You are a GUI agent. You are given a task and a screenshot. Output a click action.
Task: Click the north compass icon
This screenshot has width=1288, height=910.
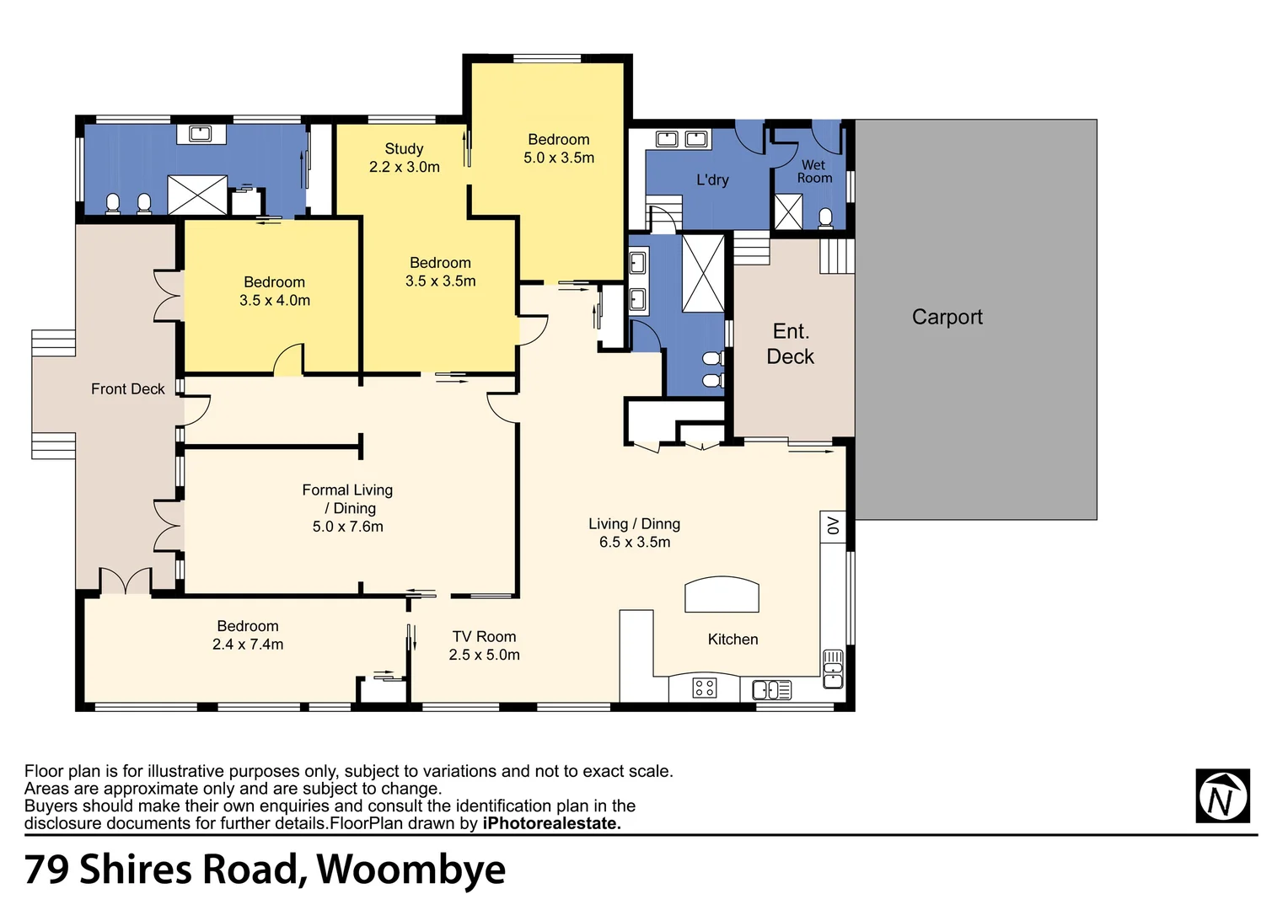coord(1222,796)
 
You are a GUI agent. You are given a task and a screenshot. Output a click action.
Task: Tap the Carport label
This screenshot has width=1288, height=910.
coord(947,317)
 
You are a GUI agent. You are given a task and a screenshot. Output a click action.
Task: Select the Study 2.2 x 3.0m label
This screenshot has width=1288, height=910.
coord(404,158)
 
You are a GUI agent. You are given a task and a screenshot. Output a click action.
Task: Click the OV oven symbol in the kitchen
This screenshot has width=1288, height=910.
coord(833,526)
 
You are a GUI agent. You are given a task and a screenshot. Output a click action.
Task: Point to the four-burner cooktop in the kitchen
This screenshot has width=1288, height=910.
coord(704,688)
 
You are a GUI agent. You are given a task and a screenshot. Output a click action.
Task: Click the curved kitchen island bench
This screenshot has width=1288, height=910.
coord(722,594)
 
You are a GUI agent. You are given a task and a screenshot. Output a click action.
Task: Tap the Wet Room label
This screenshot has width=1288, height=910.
coord(814,172)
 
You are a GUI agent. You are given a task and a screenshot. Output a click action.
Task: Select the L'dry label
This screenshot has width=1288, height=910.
coord(712,179)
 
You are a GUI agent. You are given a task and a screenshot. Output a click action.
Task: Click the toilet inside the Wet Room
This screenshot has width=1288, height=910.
coord(825,218)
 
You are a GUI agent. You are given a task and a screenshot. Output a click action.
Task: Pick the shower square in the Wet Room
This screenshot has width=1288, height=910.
coord(788,211)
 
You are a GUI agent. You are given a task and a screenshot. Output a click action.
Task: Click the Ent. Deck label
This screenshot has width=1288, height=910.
coord(790,344)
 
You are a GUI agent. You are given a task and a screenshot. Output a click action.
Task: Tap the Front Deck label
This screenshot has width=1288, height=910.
coord(127,388)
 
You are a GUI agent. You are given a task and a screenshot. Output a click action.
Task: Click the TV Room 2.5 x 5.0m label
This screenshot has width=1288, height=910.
coord(484,645)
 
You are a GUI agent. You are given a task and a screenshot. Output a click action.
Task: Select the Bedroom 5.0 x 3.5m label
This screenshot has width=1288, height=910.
coord(558,148)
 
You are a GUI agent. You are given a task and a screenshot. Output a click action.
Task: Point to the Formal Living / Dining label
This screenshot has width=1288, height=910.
coord(347,507)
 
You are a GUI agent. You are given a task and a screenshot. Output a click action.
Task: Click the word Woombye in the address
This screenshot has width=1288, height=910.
coord(411,870)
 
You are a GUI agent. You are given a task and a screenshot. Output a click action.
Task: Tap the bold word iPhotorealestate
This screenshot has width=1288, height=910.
coord(551,823)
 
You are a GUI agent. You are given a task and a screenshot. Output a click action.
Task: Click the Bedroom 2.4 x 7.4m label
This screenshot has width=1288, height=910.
coord(247,634)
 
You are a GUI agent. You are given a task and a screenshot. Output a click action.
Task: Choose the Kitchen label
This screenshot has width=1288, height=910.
coord(733,640)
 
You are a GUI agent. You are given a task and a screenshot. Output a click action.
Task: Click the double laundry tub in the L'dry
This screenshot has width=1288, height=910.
coord(681,139)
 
